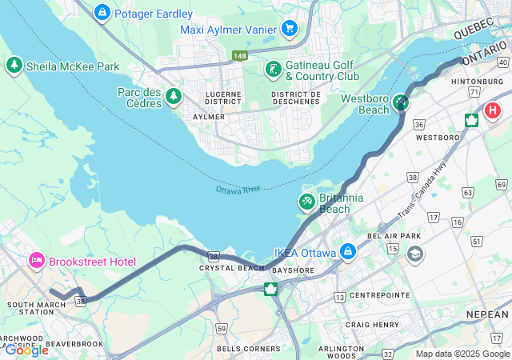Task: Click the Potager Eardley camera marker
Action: coord(102,14)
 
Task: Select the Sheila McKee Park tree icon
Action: coord(14,66)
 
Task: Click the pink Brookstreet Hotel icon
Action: coord(36,261)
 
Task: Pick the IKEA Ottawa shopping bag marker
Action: coord(348,253)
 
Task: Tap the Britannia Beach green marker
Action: coord(306,200)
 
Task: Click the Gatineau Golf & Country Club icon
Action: coord(273,69)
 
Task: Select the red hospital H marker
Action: coord(494,110)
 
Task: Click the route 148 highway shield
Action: coord(240,55)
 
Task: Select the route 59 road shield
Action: coord(221,329)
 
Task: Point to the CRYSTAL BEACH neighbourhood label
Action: coord(231,268)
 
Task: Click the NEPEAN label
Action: coord(487,314)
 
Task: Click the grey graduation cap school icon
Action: coord(415,254)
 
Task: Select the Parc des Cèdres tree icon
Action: coord(174,97)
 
